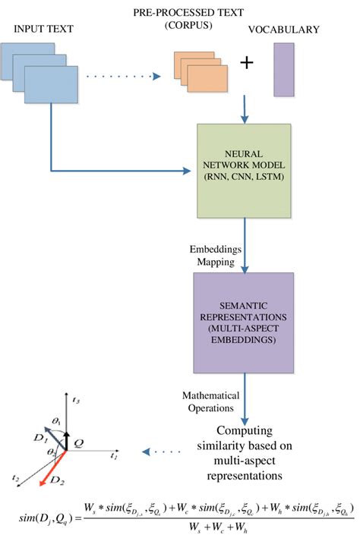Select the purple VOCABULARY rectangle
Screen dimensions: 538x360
[x=283, y=69]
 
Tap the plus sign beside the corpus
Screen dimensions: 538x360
[x=246, y=63]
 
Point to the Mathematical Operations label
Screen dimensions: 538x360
[x=211, y=400]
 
